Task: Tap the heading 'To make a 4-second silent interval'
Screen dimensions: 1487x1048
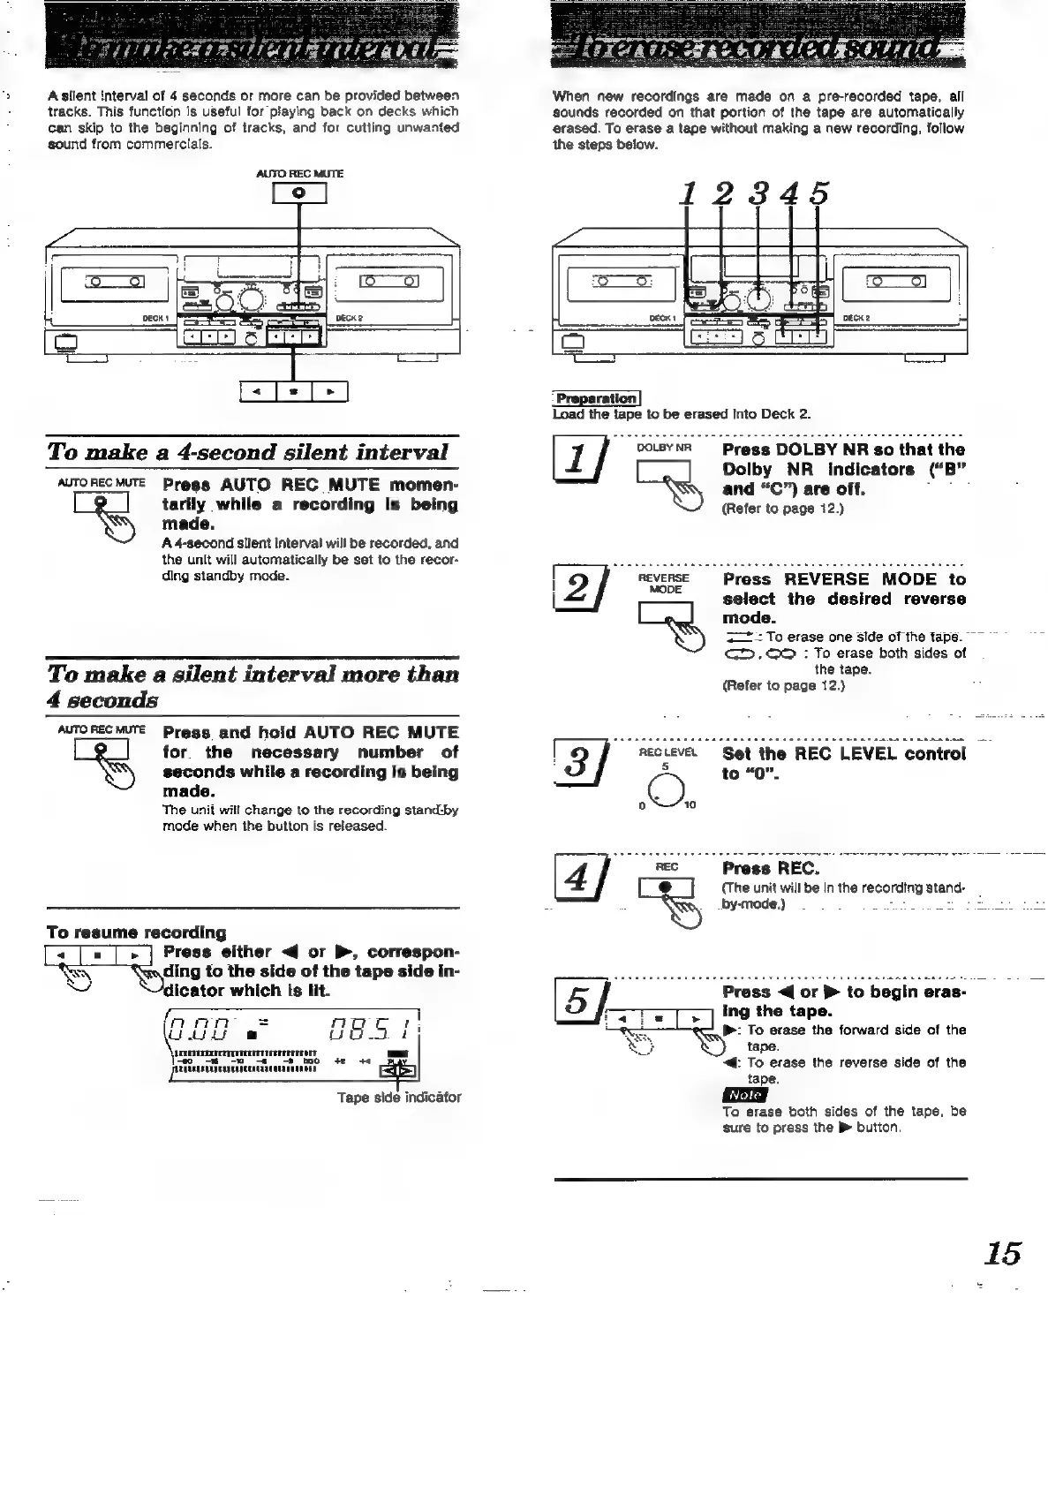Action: pyautogui.click(x=248, y=452)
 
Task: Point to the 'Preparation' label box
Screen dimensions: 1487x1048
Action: pyautogui.click(x=596, y=398)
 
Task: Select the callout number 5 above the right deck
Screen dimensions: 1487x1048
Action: pyautogui.click(x=819, y=193)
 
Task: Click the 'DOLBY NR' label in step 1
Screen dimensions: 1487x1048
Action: pyautogui.click(x=663, y=448)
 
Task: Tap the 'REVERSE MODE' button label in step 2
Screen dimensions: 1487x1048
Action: pyautogui.click(x=665, y=584)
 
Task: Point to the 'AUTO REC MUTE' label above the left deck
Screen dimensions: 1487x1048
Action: pyautogui.click(x=299, y=174)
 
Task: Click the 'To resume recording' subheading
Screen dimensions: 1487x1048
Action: pyautogui.click(x=136, y=932)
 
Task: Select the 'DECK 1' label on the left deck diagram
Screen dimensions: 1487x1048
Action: pyautogui.click(x=155, y=319)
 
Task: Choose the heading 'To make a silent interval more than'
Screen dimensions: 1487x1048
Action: pyautogui.click(x=253, y=675)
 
